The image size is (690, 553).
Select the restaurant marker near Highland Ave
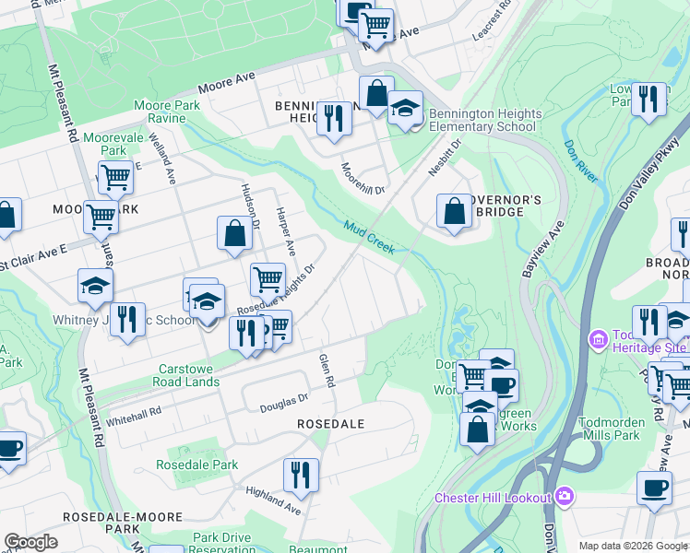point(301,475)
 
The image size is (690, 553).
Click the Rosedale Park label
point(196,465)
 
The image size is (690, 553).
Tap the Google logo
point(31,542)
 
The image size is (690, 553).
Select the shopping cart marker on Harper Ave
point(268,277)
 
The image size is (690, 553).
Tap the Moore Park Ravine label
point(167,112)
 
